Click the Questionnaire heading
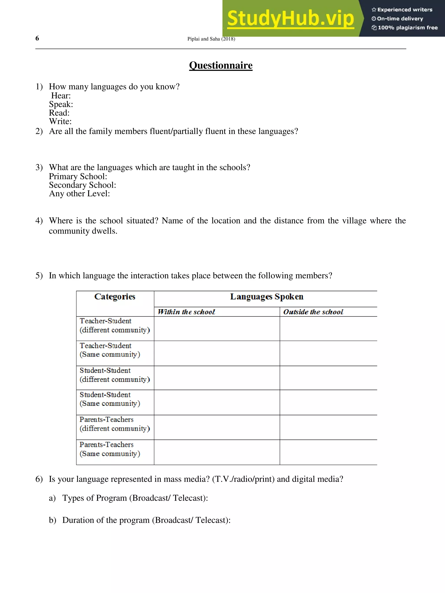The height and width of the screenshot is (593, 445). pos(221,65)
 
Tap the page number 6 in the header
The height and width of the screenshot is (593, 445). pos(37,38)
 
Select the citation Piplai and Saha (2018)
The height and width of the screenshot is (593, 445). pos(211,39)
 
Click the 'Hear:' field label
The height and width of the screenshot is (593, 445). pos(61,96)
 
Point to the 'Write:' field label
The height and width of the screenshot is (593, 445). pos(60,121)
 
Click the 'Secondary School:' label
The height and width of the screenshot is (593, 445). pos(82,185)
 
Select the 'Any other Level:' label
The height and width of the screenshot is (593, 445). pos(79,193)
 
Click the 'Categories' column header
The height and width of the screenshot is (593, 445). pos(115,297)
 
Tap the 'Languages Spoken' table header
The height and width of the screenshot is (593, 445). pos(267,297)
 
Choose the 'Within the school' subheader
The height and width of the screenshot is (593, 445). pos(186,312)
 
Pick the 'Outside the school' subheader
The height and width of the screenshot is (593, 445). pos(313,312)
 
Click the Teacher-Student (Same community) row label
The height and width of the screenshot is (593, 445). pos(110,350)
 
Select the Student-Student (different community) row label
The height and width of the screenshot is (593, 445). pos(114,375)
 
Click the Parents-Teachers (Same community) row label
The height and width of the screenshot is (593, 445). pos(110,449)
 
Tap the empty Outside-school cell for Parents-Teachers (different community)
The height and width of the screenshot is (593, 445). pos(328,427)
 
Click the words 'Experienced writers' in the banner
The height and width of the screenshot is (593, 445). pos(405,10)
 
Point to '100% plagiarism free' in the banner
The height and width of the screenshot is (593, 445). pos(407,28)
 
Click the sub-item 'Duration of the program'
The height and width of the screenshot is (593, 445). pos(146,520)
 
